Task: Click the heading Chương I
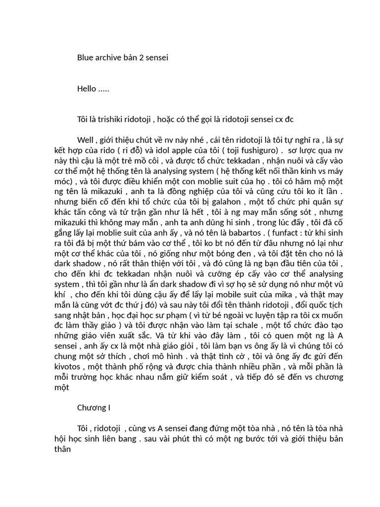94,408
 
